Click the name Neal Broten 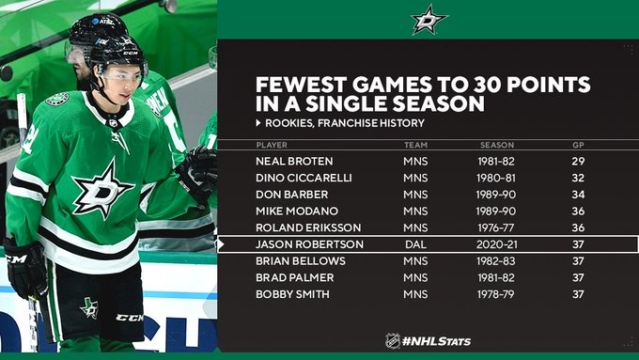pyautogui.click(x=294, y=162)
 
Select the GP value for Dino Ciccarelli pyautogui.click(x=578, y=179)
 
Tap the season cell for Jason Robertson pyautogui.click(x=496, y=244)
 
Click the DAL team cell pyautogui.click(x=415, y=244)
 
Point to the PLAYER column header pyautogui.click(x=272, y=145)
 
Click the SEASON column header pyautogui.click(x=497, y=145)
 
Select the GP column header pyautogui.click(x=578, y=145)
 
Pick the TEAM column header pyautogui.click(x=415, y=145)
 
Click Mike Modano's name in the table pyautogui.click(x=297, y=211)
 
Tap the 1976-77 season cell pyautogui.click(x=496, y=227)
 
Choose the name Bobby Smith pyautogui.click(x=292, y=294)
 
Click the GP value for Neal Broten pyautogui.click(x=578, y=162)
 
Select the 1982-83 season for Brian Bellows pyautogui.click(x=496, y=261)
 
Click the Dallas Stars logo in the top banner pyautogui.click(x=429, y=19)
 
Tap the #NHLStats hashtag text pyautogui.click(x=436, y=341)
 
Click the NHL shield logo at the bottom pyautogui.click(x=393, y=341)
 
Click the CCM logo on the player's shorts pyautogui.click(x=130, y=317)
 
